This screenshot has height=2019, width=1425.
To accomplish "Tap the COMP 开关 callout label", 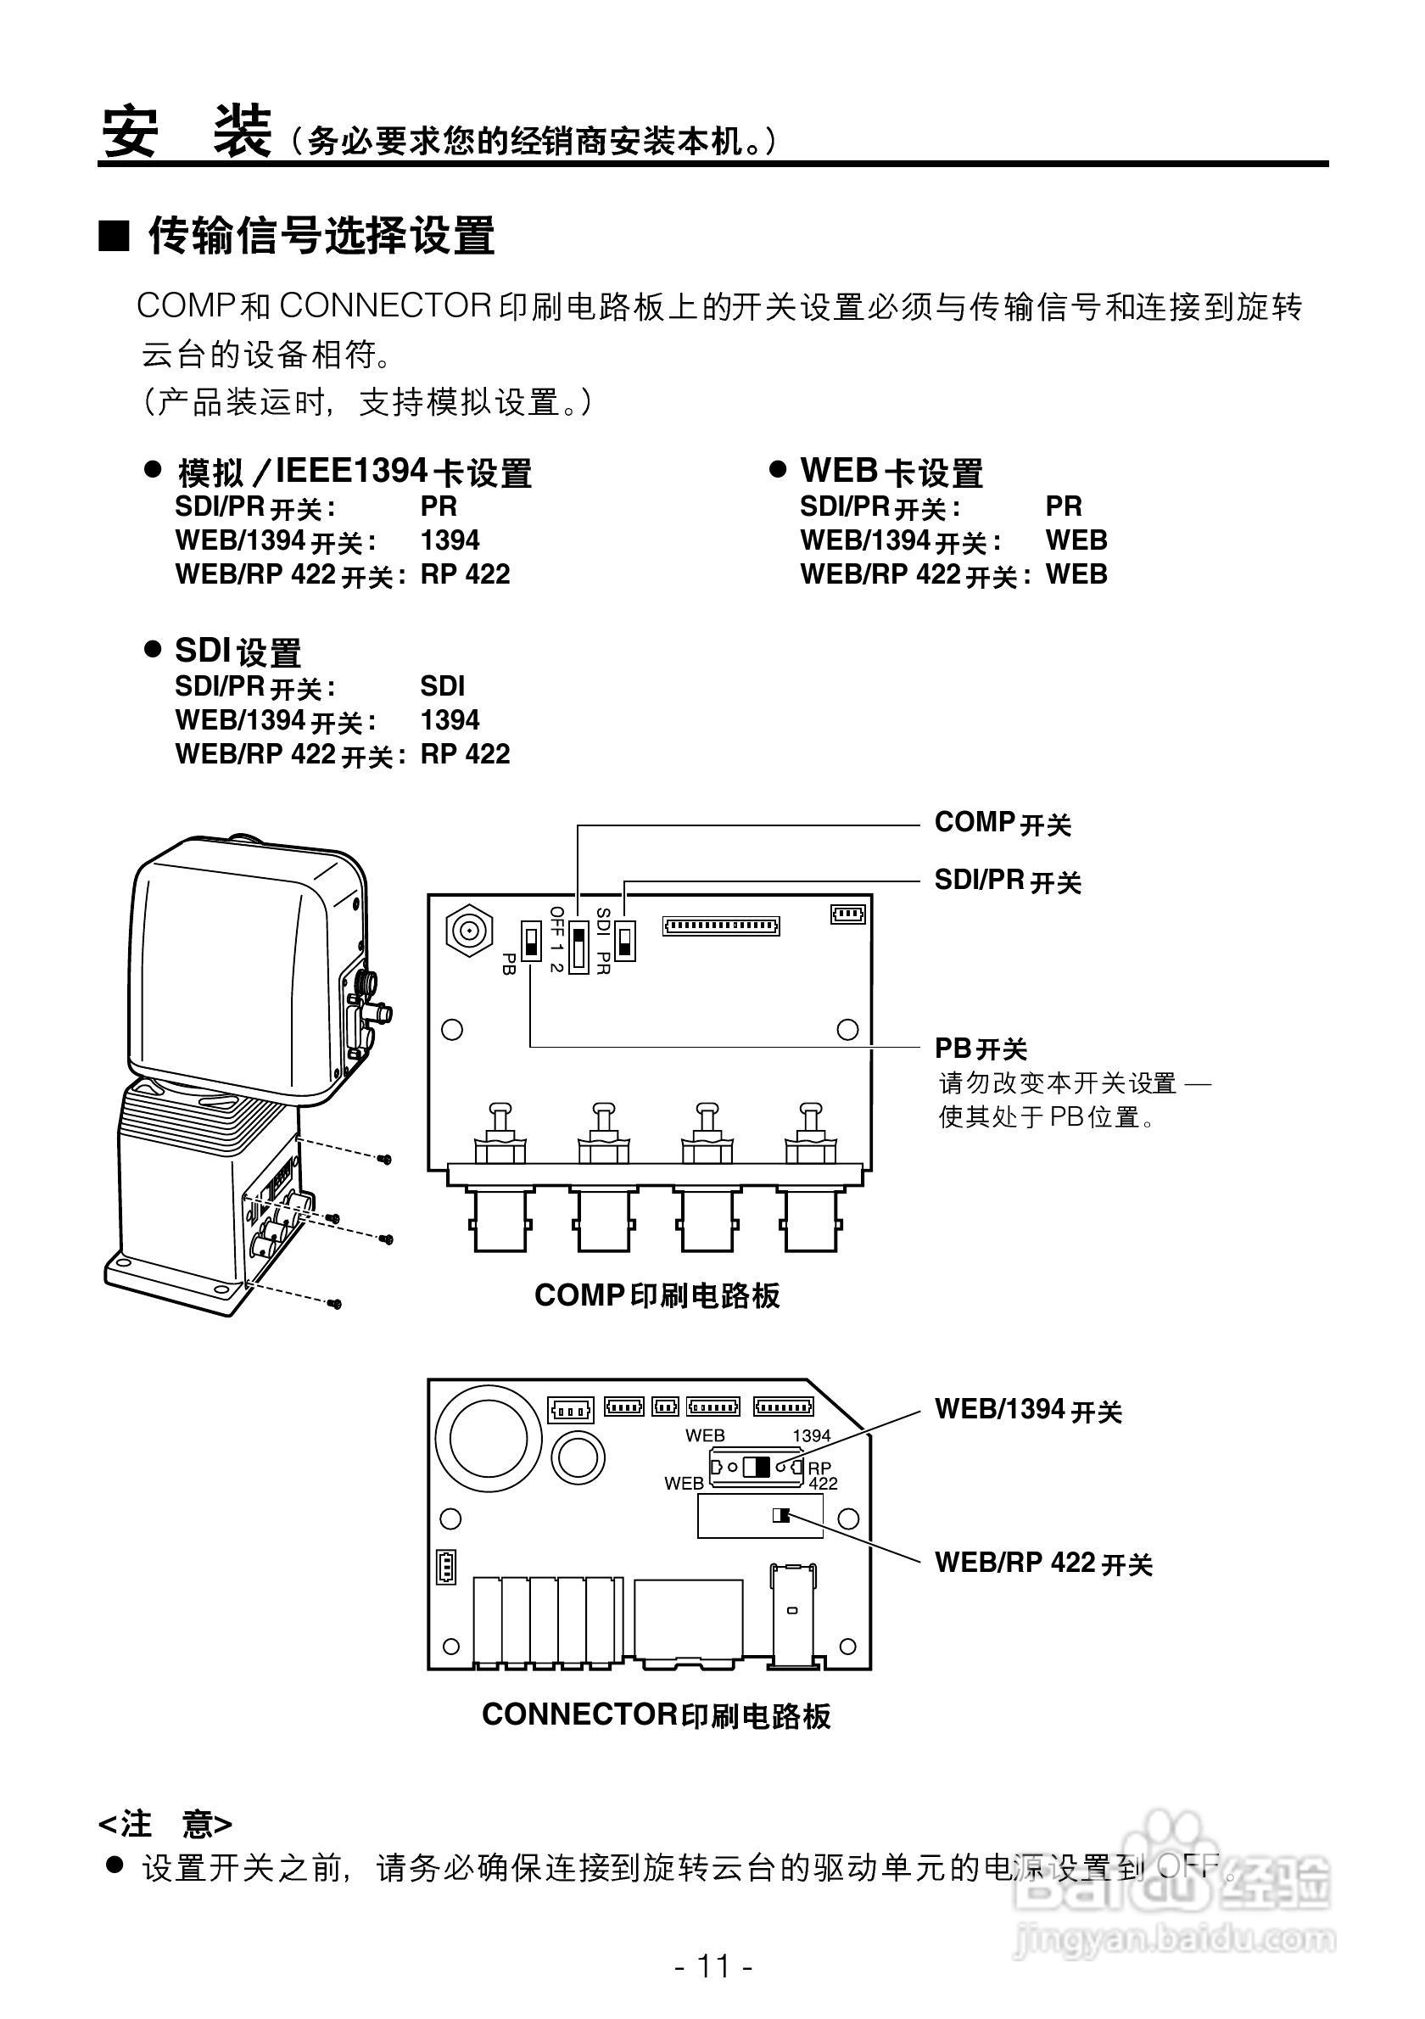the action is [1002, 823].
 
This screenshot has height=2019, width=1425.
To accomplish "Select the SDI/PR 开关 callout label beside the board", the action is [1008, 881].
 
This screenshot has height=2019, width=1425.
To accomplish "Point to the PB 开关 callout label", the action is [981, 1049].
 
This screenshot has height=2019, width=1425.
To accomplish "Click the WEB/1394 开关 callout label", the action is [1028, 1410].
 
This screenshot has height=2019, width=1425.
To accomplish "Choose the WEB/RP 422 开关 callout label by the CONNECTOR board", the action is [1042, 1563].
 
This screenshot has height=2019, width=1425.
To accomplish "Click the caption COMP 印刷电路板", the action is [657, 1295].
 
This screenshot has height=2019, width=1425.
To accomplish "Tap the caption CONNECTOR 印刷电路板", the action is [656, 1714].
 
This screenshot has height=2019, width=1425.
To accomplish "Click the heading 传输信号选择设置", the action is [321, 236].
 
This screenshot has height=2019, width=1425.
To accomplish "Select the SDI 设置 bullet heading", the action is [237, 652].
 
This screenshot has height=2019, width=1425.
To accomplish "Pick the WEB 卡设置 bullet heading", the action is [891, 473].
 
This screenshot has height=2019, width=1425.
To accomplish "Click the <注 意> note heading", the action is [165, 1824].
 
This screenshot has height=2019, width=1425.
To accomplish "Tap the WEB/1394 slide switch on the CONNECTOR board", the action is [756, 1467].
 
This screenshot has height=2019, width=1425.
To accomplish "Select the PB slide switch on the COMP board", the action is [531, 941].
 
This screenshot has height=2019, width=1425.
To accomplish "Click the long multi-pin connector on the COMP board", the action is [721, 925].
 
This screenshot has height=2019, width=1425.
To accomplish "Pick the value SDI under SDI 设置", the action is [442, 687].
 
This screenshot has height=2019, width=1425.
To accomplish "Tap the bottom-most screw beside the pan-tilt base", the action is [335, 1303].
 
